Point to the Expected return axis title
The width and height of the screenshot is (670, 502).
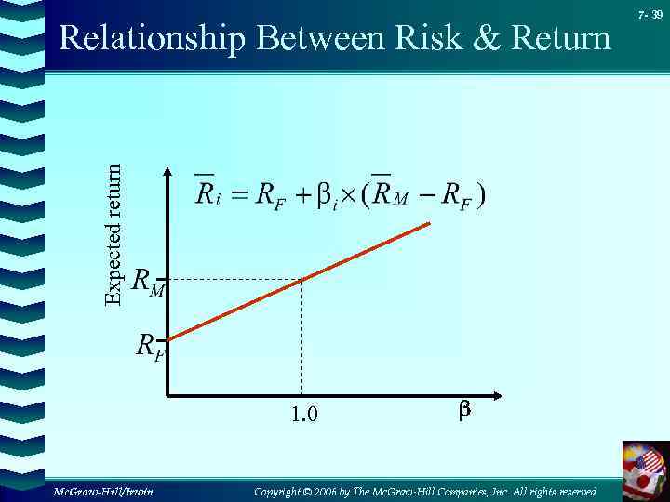pyautogui.click(x=113, y=234)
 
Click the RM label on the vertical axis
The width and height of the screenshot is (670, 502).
pyautogui.click(x=148, y=281)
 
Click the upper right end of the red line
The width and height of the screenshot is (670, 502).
pyautogui.click(x=429, y=223)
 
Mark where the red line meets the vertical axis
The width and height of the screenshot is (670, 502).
pyautogui.click(x=168, y=339)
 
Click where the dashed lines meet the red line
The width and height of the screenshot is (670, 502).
pyautogui.click(x=301, y=279)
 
